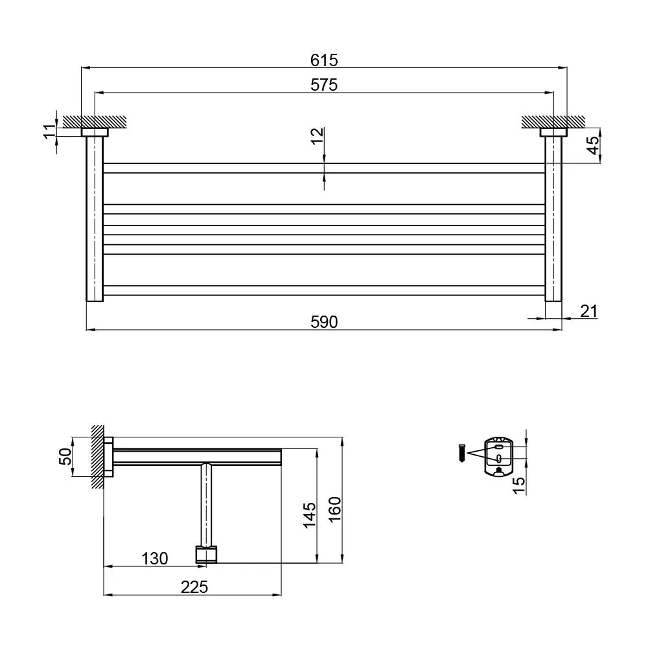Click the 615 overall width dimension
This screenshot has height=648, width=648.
(324, 60)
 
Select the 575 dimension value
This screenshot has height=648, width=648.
(324, 85)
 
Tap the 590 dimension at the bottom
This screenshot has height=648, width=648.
(324, 322)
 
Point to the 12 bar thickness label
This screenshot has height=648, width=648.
(318, 136)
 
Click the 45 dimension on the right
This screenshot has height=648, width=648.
(593, 145)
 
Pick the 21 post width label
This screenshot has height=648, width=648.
(589, 311)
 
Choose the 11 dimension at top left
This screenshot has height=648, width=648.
(49, 131)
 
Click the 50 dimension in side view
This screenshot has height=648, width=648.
(65, 456)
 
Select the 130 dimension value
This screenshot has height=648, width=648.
(155, 559)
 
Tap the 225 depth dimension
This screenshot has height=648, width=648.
(194, 587)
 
